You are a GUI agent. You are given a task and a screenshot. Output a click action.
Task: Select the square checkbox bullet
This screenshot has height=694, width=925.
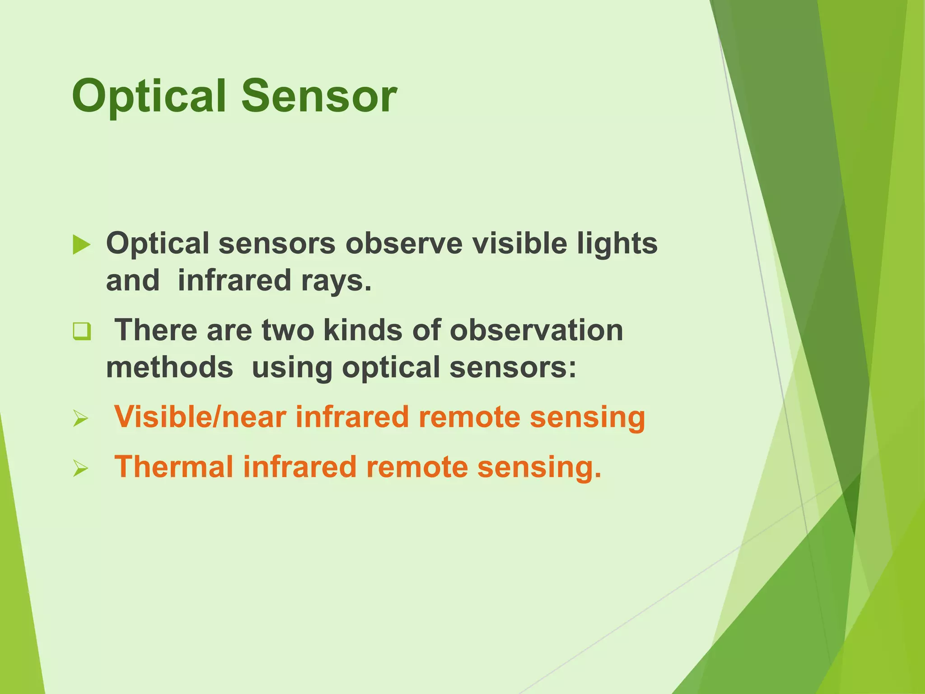(x=82, y=332)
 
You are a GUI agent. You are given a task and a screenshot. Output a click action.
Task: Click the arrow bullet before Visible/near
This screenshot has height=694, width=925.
(x=80, y=419)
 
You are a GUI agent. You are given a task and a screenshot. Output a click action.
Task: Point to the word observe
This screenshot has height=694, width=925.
(x=404, y=244)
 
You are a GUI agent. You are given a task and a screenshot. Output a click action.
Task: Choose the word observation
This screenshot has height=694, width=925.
(x=536, y=330)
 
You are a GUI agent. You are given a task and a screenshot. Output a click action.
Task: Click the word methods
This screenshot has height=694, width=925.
(x=169, y=367)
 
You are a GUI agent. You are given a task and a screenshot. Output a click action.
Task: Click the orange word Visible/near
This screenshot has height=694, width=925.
(x=200, y=417)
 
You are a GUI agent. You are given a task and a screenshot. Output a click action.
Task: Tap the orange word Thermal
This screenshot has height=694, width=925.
(x=173, y=467)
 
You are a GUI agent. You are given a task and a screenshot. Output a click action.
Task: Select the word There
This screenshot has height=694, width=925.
(x=156, y=330)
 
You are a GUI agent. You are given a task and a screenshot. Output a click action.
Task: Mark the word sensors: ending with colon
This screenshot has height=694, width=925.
(x=513, y=367)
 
